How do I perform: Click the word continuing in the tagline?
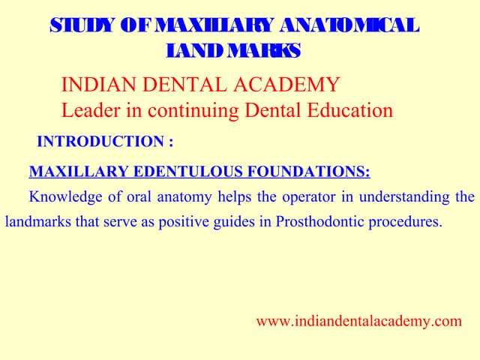pos(182,110)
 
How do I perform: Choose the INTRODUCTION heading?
pos(105,141)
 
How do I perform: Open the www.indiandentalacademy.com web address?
pos(358,322)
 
